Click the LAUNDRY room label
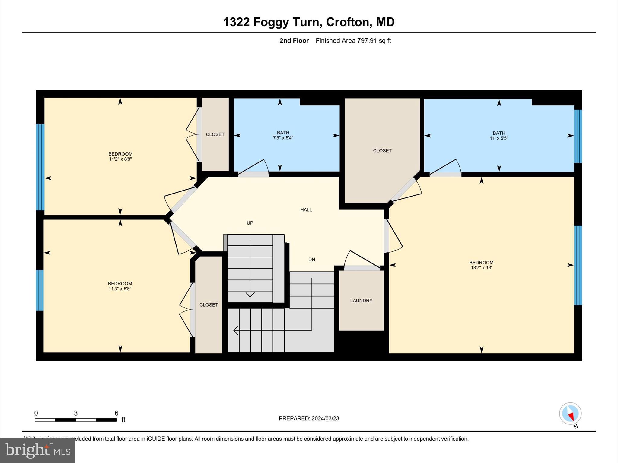[x=361, y=301]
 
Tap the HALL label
[x=306, y=210]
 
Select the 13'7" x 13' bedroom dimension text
[x=481, y=268]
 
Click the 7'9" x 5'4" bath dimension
[x=283, y=138]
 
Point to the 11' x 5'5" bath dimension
[x=499, y=138]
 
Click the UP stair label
[x=250, y=223]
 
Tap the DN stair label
[x=312, y=260]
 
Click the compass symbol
[x=570, y=414]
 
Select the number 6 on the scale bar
[x=116, y=413]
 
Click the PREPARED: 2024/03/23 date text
[x=309, y=418]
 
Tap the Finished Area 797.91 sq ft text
[x=353, y=41]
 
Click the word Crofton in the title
[x=347, y=22]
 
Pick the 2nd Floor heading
[x=294, y=41]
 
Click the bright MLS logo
[x=38, y=450]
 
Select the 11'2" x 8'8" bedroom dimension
[x=120, y=159]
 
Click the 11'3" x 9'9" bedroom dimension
[x=120, y=289]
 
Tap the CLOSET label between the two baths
[x=382, y=151]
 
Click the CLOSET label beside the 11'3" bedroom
[x=209, y=305]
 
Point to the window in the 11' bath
[x=578, y=136]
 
